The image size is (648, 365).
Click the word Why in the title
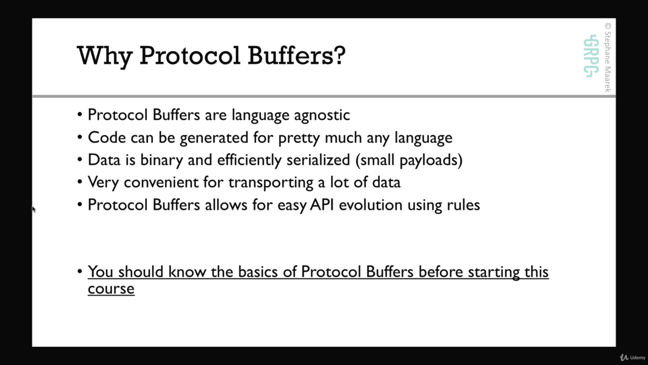(105, 56)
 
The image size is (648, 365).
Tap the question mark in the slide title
(339, 55)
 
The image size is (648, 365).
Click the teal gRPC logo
(591, 56)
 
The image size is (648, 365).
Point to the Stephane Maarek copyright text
(607, 57)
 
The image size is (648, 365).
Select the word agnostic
(322, 115)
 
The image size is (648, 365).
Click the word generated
(214, 138)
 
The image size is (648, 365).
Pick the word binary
(161, 160)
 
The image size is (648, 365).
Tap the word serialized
(318, 160)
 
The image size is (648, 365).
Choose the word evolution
(371, 205)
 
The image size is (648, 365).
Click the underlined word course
(111, 289)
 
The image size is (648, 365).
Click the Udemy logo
(632, 357)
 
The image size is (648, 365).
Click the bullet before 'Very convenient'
(80, 182)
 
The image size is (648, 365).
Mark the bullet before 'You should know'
(80, 272)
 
